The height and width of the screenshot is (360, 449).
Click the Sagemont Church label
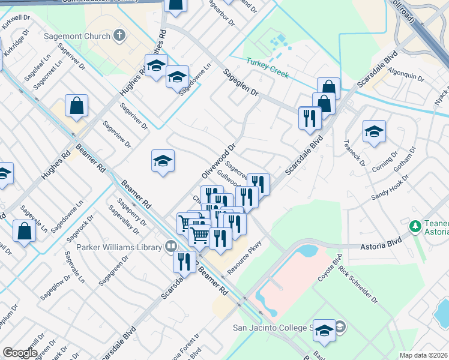pos(77,36)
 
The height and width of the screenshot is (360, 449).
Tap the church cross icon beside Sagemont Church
pos(119,35)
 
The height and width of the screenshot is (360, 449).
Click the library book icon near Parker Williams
pos(171,247)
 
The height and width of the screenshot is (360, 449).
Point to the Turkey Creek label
pos(268,68)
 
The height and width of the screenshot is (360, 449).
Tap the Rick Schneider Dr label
pos(358,284)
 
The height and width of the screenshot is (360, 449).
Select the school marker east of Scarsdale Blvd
pos(374,132)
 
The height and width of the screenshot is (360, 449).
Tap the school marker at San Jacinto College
pos(325,330)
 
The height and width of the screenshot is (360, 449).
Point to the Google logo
pos(20,353)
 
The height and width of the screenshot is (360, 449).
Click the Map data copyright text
pos(424,355)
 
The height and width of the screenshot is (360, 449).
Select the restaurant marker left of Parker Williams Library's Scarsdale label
pos(184,262)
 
